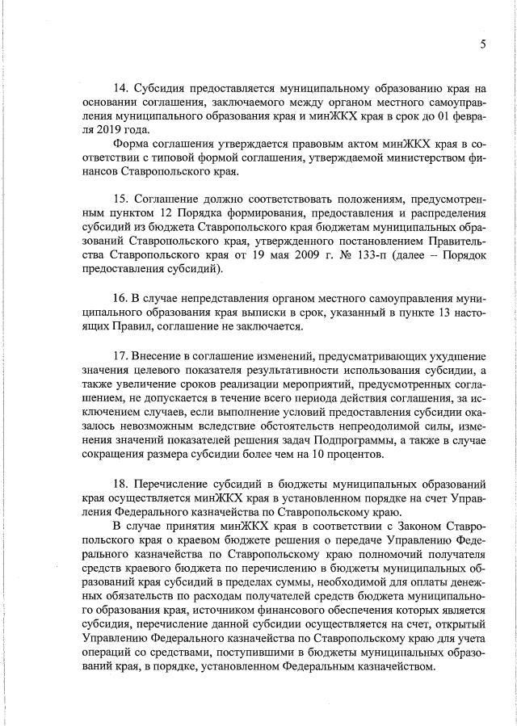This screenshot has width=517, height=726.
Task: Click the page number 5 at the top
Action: (481, 44)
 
